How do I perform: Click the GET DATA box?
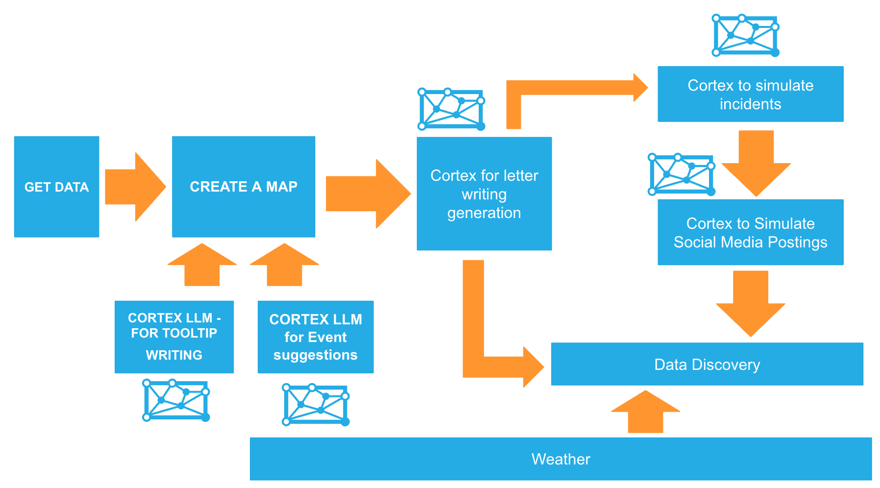coord(56,187)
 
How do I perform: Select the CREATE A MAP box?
coord(244,187)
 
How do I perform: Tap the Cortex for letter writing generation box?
coord(484,194)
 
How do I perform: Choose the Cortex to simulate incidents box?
coord(750,94)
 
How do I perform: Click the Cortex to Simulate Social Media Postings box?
coord(750,232)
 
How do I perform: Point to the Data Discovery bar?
coord(707,364)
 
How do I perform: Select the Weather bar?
coord(561,459)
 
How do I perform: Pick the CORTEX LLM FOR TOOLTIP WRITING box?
coord(174,337)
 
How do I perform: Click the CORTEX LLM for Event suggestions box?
coord(316,337)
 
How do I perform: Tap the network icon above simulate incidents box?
coord(745,35)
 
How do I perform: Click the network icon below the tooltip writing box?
coord(176,400)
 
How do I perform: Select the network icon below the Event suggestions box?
coord(316,405)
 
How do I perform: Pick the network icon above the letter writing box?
coord(451,109)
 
